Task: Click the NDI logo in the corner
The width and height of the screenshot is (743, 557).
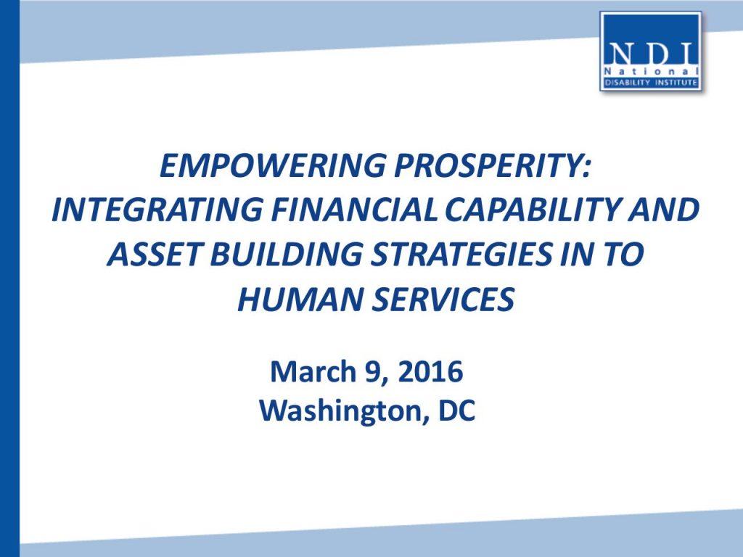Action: (650, 51)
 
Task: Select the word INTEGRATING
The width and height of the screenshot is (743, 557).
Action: (157, 210)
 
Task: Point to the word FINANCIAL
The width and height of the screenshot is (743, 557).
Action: (353, 210)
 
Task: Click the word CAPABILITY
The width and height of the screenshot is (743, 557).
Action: (532, 210)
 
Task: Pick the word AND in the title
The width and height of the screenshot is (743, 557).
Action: (663, 210)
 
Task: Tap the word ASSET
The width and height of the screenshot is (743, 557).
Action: (155, 254)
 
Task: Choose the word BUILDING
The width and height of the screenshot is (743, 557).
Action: (286, 254)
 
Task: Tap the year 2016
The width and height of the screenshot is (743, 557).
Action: (430, 371)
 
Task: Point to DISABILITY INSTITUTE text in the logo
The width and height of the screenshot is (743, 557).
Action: (651, 83)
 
